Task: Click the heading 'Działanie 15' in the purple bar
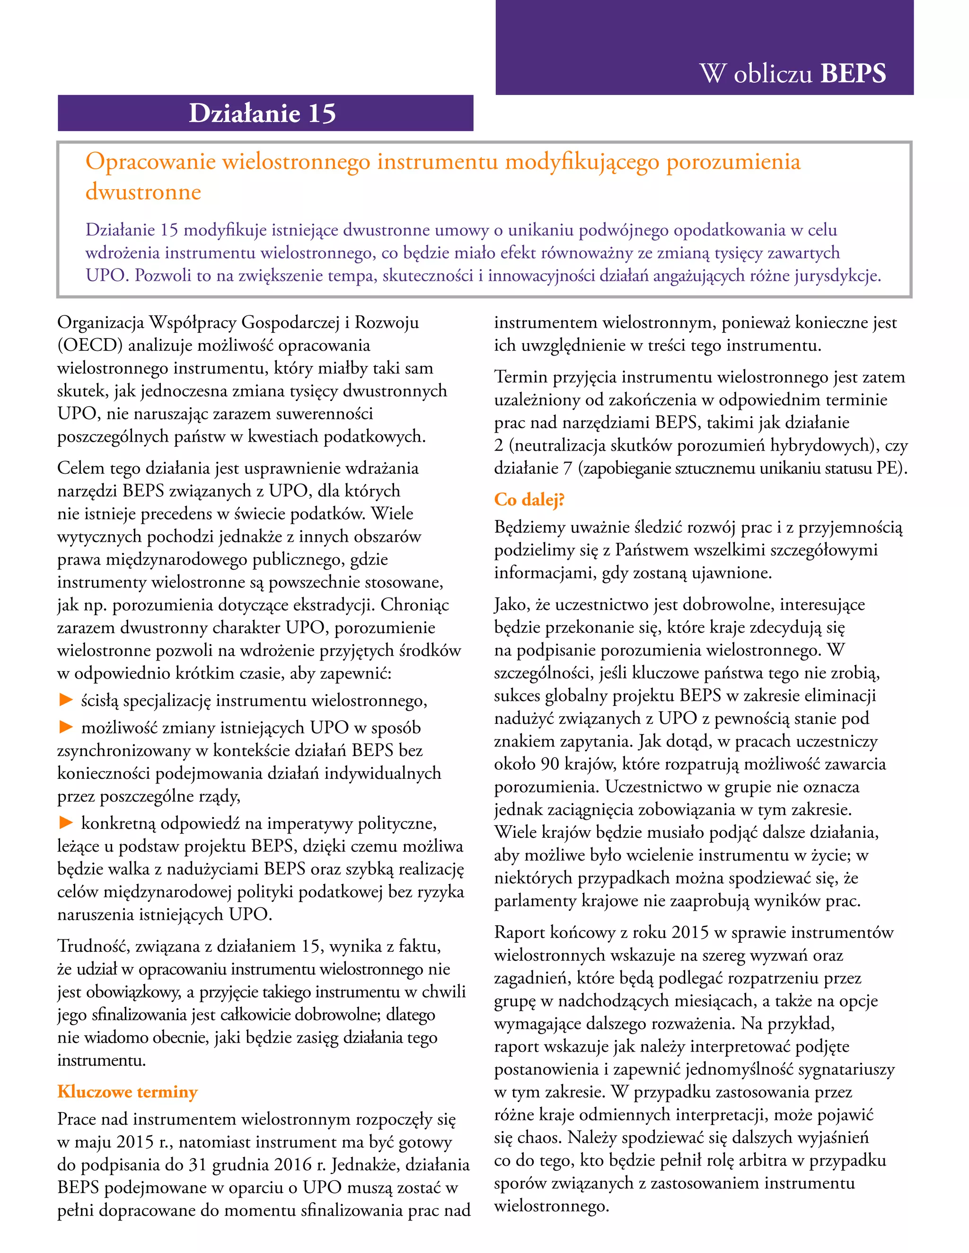click(262, 113)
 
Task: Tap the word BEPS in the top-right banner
click(853, 73)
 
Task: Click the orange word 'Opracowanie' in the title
click(150, 162)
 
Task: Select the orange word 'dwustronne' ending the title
click(143, 192)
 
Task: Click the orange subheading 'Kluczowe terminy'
click(127, 1091)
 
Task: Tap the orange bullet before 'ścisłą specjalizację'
click(66, 699)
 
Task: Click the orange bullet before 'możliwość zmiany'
click(66, 727)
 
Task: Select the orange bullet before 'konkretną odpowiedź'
click(66, 823)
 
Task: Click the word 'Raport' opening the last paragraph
click(520, 933)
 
